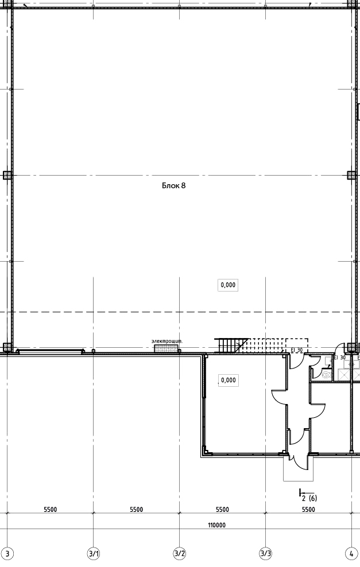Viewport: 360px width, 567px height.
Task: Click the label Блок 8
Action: [173, 185]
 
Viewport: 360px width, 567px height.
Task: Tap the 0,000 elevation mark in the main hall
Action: [228, 285]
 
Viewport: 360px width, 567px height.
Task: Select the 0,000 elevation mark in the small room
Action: [229, 380]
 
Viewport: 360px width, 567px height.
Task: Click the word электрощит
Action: [167, 341]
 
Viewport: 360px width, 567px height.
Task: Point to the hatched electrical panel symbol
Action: [167, 348]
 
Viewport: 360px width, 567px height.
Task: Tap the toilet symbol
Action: [326, 375]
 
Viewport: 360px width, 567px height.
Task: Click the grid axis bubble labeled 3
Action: [9, 553]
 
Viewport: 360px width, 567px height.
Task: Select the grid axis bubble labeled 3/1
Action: [94, 553]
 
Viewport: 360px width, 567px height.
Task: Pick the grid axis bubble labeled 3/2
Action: [180, 553]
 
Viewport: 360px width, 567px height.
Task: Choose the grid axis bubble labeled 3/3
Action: [266, 553]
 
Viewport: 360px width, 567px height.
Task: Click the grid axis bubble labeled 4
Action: [351, 553]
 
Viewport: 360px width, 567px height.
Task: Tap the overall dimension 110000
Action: [216, 525]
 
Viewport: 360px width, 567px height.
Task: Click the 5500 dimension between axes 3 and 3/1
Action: [51, 510]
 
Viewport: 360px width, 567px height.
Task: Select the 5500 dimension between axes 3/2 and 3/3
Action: [222, 510]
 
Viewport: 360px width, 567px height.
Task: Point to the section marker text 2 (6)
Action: [309, 498]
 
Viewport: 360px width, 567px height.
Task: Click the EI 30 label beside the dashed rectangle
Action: [297, 350]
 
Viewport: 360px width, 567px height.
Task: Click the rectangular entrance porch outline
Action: [298, 480]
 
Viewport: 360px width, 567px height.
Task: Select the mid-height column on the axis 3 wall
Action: [7, 176]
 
